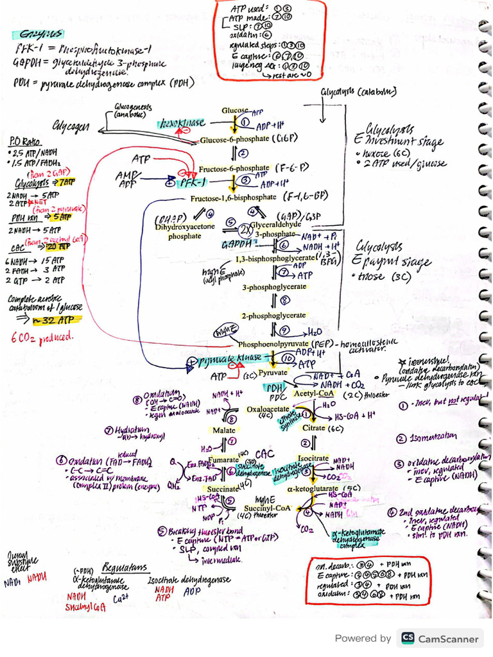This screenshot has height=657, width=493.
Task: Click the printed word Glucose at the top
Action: tap(235, 110)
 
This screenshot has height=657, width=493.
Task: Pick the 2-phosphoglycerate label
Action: tap(273, 316)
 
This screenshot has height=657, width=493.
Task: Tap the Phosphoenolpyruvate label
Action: tap(274, 344)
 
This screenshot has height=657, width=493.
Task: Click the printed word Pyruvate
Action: tap(273, 372)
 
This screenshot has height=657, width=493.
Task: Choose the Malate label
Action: tap(224, 431)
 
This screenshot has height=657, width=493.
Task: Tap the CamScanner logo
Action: tap(440, 638)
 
